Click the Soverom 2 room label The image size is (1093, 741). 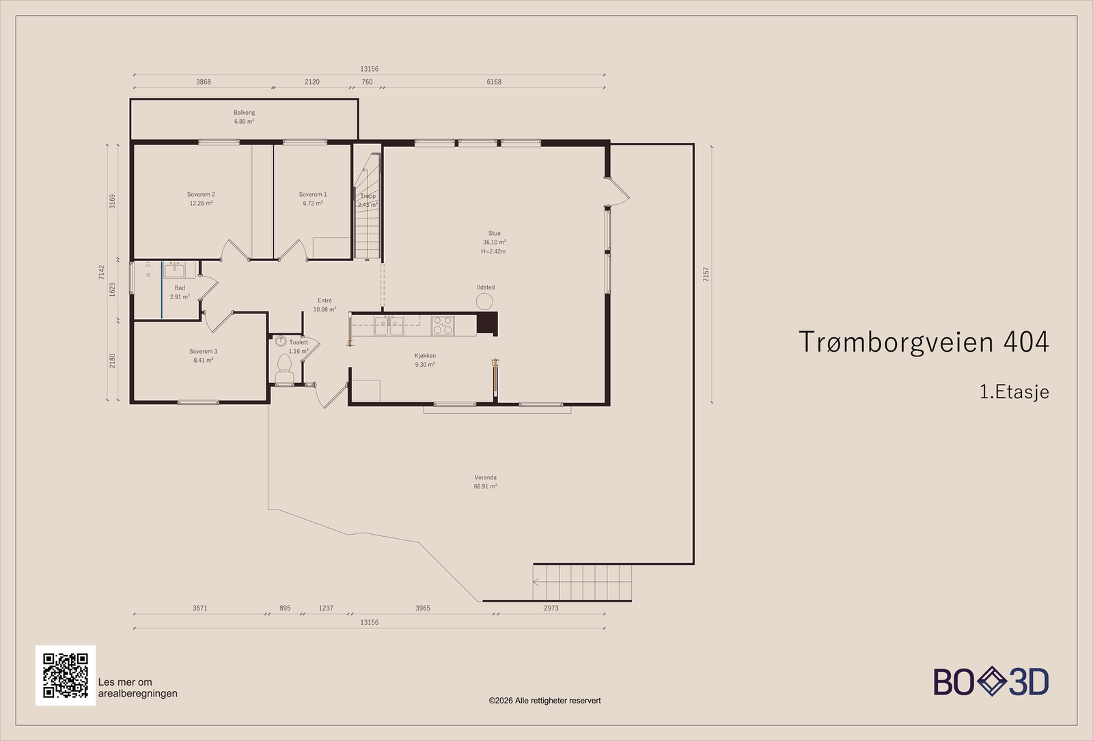coord(201,194)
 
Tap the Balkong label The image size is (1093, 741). coord(244,113)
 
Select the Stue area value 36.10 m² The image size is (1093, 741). coord(495,242)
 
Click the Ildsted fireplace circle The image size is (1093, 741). coord(484,301)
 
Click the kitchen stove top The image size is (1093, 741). coord(443,326)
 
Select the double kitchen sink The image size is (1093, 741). coord(389,326)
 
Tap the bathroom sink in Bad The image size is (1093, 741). coord(174,270)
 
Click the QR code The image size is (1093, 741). coord(66,675)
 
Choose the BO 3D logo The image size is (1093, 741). coord(991,682)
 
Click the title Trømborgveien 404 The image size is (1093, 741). coord(924,341)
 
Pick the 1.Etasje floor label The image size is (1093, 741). coord(1014,392)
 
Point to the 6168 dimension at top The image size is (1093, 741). coord(494,82)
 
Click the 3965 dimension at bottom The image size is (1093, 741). coord(423,609)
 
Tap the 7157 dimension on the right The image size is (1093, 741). coord(706,274)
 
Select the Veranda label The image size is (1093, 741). coord(486,477)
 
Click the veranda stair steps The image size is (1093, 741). coord(582,583)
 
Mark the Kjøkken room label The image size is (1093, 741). coord(425,356)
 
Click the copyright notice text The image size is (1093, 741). coord(544,701)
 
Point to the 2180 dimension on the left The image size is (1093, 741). coord(112,361)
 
